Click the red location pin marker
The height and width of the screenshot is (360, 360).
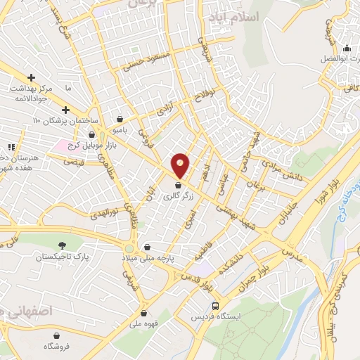[x=181, y=165]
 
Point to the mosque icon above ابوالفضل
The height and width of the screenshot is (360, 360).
[x=347, y=49]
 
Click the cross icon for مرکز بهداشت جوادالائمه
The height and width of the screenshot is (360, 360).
[x=31, y=77]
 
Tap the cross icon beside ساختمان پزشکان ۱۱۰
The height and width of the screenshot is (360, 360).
[x=65, y=110]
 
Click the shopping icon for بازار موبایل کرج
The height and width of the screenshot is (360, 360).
[x=91, y=135]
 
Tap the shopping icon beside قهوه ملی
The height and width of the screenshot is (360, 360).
[x=143, y=314]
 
